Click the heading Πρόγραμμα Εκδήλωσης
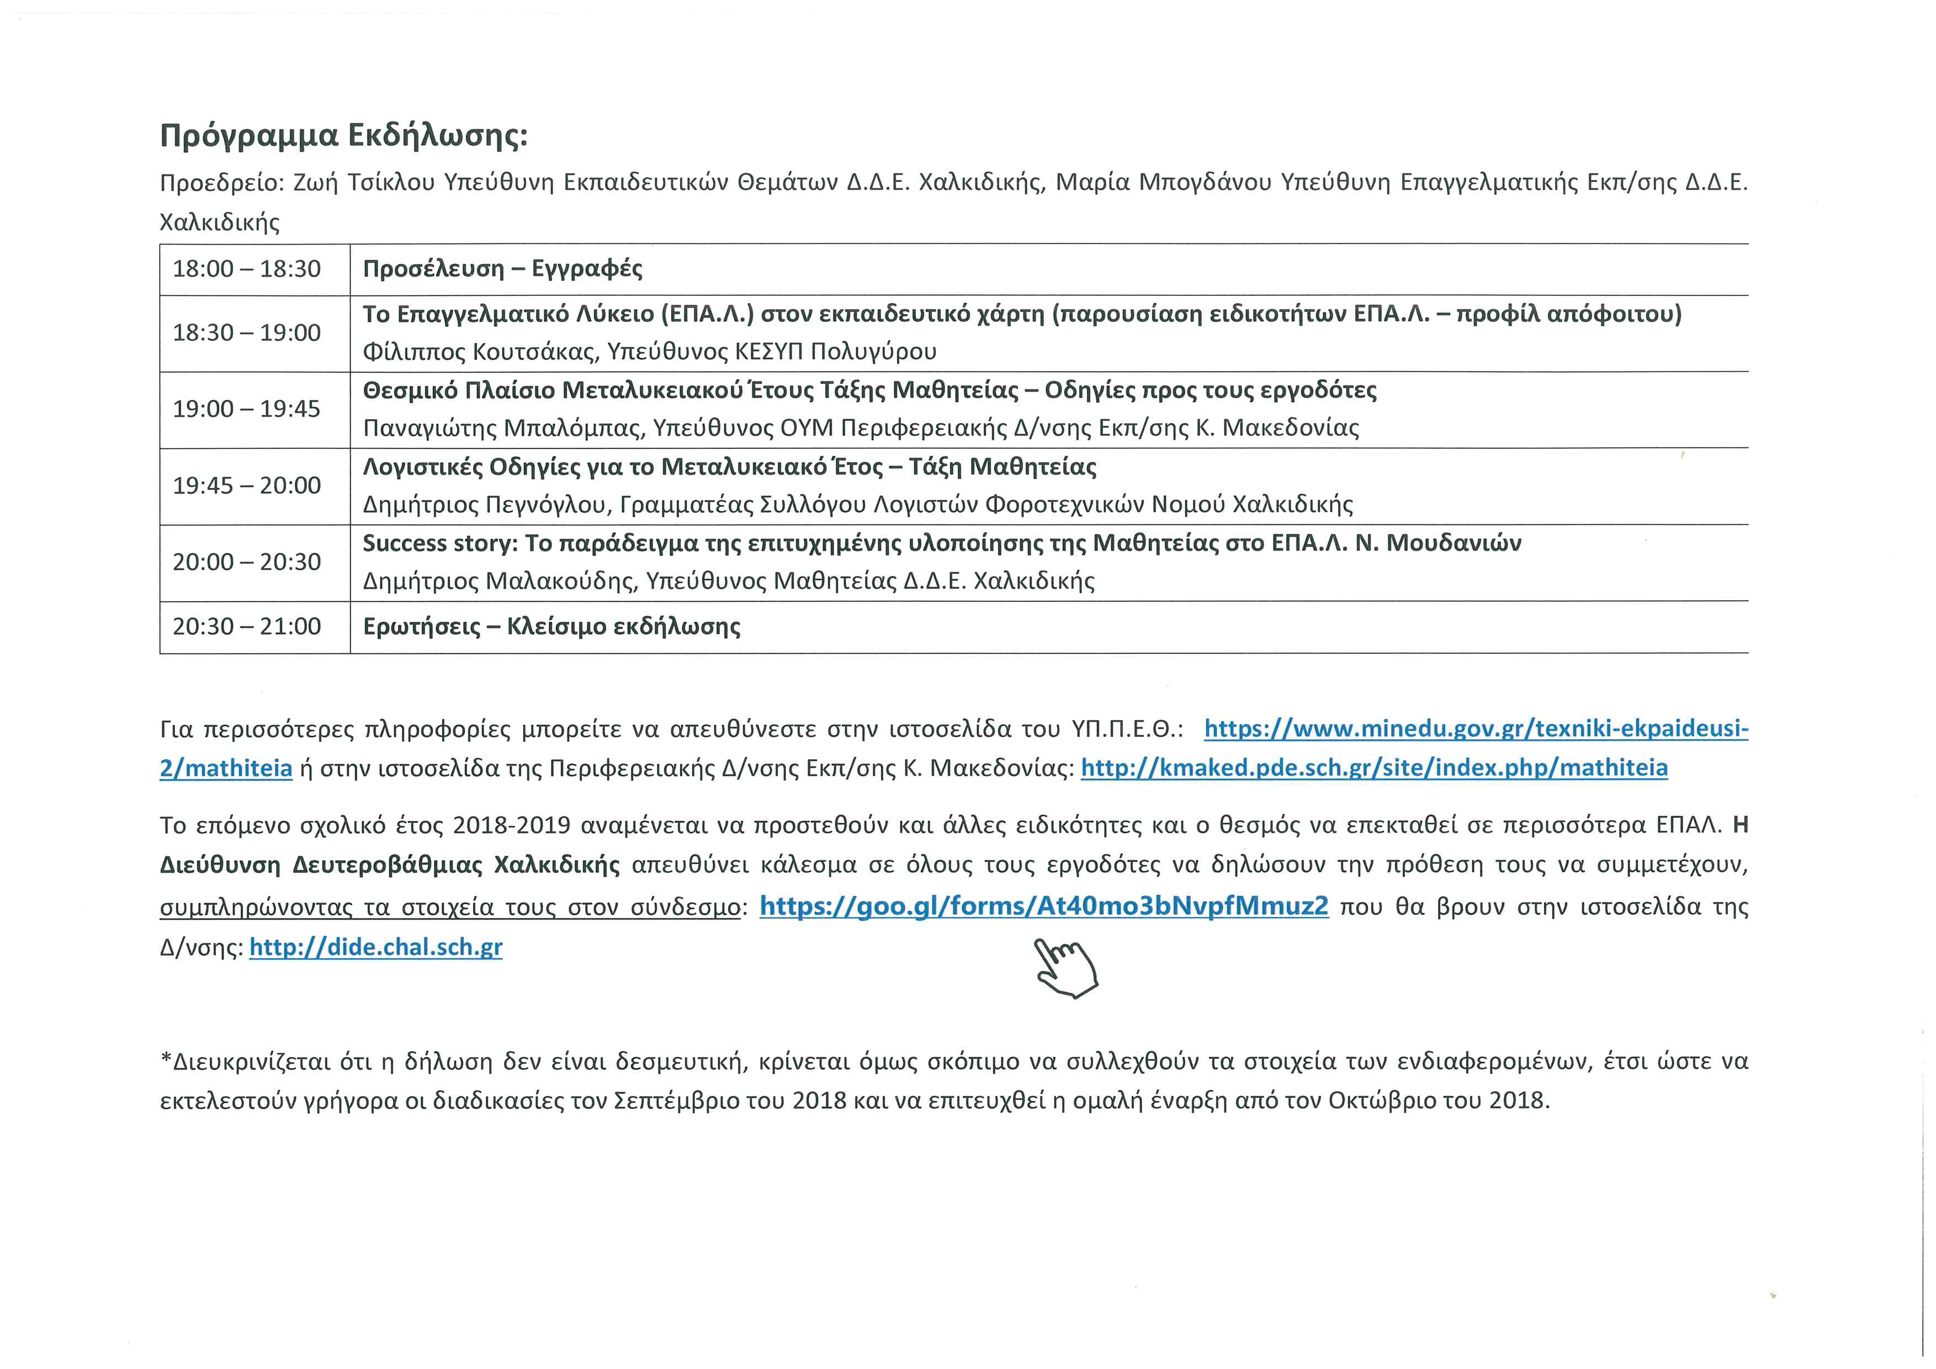pyautogui.click(x=343, y=136)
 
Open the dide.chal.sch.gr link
pyautogui.click(x=375, y=947)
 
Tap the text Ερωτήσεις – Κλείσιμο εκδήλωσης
pyautogui.click(x=551, y=627)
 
